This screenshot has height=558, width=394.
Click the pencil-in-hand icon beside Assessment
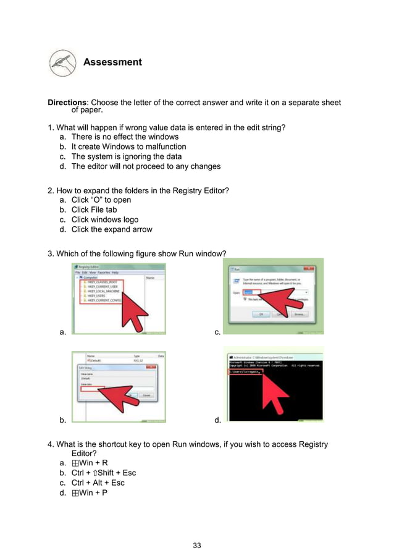(x=63, y=62)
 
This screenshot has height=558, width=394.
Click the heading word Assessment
(x=112, y=62)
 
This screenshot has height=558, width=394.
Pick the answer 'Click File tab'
(x=94, y=209)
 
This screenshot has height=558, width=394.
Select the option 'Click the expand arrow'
(x=111, y=229)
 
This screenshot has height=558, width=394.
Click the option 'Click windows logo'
(x=104, y=219)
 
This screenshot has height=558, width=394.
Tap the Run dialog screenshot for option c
(x=272, y=297)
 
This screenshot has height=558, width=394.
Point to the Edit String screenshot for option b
(x=119, y=387)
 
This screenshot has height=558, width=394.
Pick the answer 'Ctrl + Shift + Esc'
(x=103, y=473)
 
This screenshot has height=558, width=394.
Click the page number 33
(x=197, y=545)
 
